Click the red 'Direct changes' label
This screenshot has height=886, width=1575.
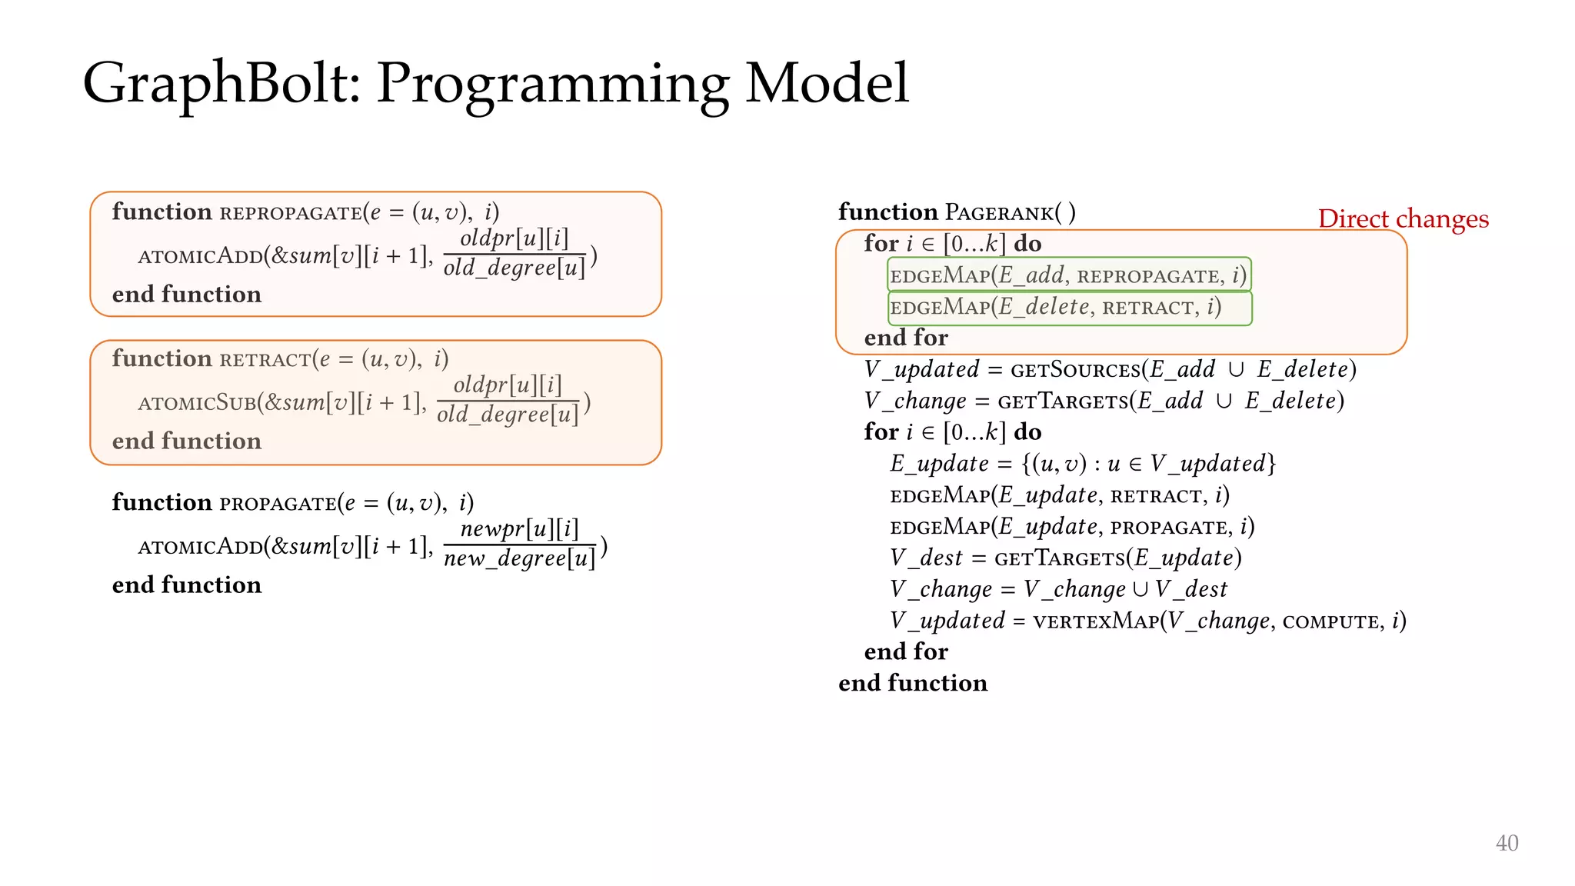coord(1403,219)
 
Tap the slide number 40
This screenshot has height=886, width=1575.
coord(1506,843)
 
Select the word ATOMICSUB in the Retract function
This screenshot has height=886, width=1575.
coord(197,402)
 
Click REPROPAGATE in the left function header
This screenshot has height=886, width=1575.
coord(290,213)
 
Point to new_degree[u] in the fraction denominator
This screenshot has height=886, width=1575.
coord(519,558)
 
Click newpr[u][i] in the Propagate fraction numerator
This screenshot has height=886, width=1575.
coord(519,529)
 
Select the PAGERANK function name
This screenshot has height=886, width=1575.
coord(999,212)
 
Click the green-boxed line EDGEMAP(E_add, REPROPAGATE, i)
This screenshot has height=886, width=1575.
coord(1068,275)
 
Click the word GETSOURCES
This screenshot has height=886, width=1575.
coord(1075,370)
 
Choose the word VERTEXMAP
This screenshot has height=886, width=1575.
coord(1095,621)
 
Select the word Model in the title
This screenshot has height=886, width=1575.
coord(827,83)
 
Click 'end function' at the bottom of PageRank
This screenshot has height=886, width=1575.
coord(912,683)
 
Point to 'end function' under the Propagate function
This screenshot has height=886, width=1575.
coord(187,585)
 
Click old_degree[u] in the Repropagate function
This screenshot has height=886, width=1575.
coord(514,268)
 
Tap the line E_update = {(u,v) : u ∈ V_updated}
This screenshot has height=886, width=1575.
coord(1082,464)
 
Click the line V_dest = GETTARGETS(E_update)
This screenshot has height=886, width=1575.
coord(1065,558)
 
